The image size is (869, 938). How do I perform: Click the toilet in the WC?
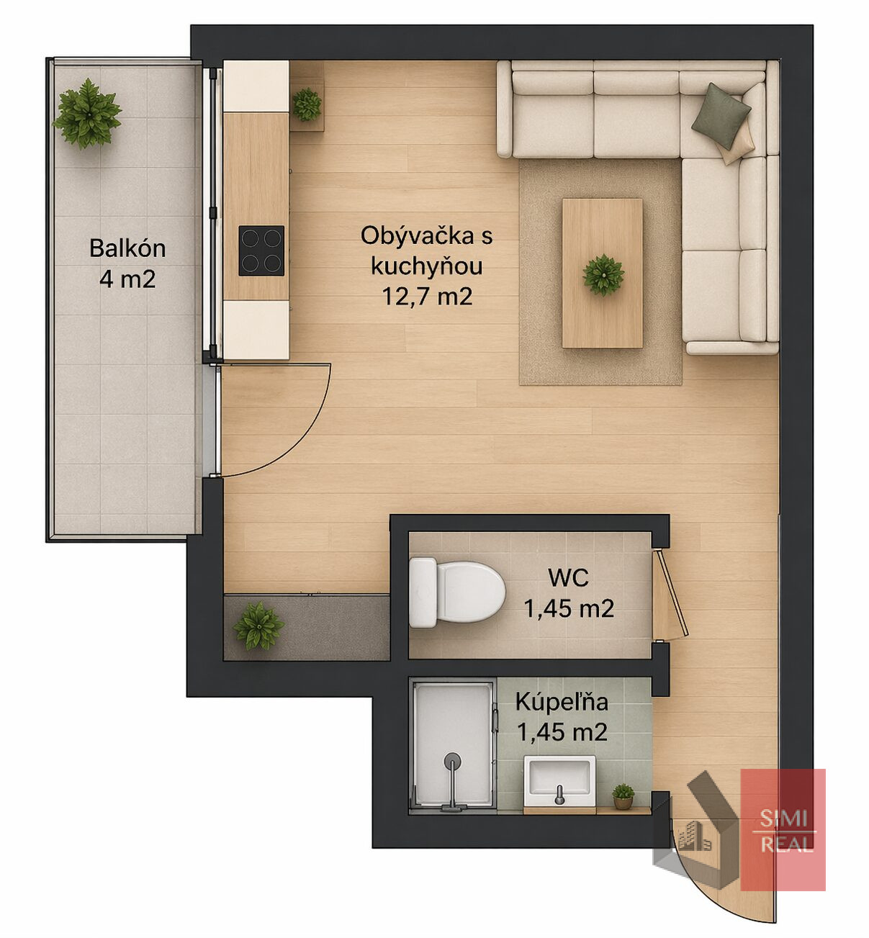click(x=456, y=592)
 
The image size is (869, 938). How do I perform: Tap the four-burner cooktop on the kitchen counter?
click(x=261, y=251)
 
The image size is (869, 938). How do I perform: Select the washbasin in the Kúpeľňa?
click(x=560, y=781)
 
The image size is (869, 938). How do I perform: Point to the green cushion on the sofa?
click(x=721, y=116)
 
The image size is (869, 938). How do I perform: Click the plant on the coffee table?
click(x=603, y=276)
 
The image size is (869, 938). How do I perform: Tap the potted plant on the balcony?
click(x=87, y=113)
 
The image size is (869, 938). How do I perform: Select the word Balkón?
click(x=127, y=248)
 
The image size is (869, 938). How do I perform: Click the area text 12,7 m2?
click(x=427, y=297)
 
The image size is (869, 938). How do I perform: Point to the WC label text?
click(x=569, y=577)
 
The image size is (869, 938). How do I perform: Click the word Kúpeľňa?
click(x=562, y=703)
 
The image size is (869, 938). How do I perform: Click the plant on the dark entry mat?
click(x=259, y=626)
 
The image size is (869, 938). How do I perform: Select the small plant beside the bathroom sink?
click(x=623, y=796)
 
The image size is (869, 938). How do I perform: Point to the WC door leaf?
click(x=672, y=593)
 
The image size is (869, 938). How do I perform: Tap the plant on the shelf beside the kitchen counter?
click(x=307, y=104)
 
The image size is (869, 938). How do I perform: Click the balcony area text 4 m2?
click(x=127, y=279)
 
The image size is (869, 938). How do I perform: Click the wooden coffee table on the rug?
click(x=602, y=274)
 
